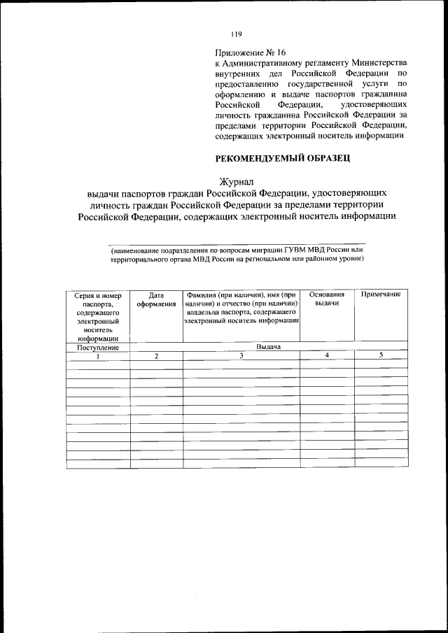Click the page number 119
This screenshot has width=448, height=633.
click(x=236, y=34)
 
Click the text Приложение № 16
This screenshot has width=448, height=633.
click(x=250, y=52)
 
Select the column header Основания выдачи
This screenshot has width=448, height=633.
click(x=327, y=300)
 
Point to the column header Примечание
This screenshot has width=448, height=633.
click(x=381, y=295)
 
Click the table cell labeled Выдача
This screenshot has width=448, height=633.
click(x=268, y=347)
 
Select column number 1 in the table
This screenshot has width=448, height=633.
click(x=98, y=356)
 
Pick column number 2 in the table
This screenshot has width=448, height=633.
click(x=156, y=356)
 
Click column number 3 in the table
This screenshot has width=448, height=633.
click(x=241, y=356)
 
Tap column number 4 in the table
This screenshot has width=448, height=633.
click(x=327, y=356)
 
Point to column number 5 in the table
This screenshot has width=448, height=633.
click(x=381, y=355)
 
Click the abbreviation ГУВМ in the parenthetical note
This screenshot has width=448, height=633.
click(x=297, y=249)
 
